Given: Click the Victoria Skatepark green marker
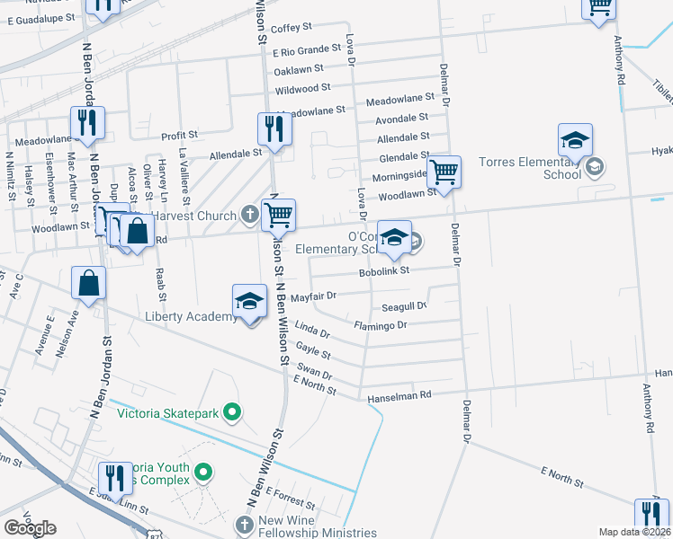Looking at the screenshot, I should tap(233, 413).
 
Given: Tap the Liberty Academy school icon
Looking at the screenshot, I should tap(249, 302).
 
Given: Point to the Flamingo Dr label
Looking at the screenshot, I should tap(381, 325).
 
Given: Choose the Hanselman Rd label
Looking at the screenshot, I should tap(399, 394).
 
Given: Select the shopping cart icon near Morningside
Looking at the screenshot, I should tap(444, 171).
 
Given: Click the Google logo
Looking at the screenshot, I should tap(30, 527).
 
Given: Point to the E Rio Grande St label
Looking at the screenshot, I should tap(309, 52).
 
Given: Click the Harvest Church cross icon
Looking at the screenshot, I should tap(249, 214).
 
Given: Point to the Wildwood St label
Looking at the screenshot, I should tap(303, 90).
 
